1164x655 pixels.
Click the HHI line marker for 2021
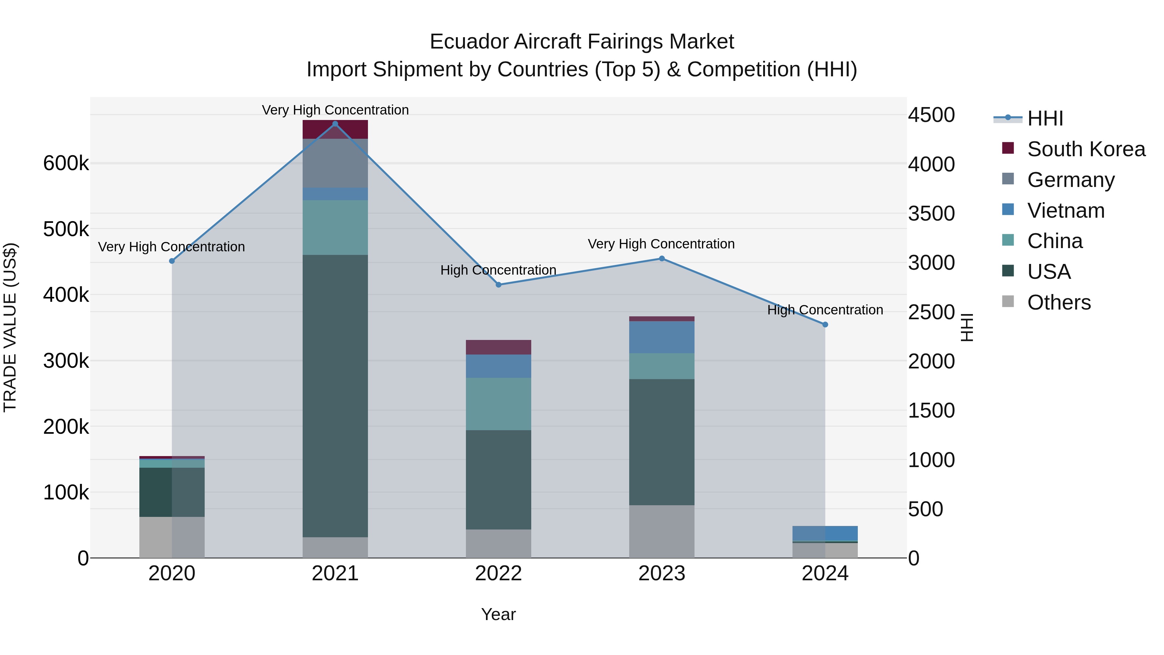click(x=335, y=124)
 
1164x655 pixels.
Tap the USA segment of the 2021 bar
click(x=335, y=396)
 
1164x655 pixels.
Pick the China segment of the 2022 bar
click(x=498, y=404)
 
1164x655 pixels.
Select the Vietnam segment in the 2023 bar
click(x=662, y=337)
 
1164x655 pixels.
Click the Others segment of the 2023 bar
click(x=662, y=531)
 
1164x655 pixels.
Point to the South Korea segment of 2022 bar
click(x=498, y=347)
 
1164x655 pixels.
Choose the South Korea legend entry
click(x=1086, y=149)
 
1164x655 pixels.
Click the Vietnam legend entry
click(x=1065, y=211)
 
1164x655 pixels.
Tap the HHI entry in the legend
click(x=1045, y=118)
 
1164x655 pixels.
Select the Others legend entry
click(x=1059, y=302)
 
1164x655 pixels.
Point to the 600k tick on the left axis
click(x=66, y=163)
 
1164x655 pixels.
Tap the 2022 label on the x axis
click(x=498, y=573)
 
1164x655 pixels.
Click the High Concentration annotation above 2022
click(x=498, y=270)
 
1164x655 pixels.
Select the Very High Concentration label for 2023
click(x=661, y=244)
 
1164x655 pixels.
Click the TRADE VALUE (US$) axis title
click(x=10, y=327)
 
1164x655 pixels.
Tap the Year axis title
click(x=498, y=614)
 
